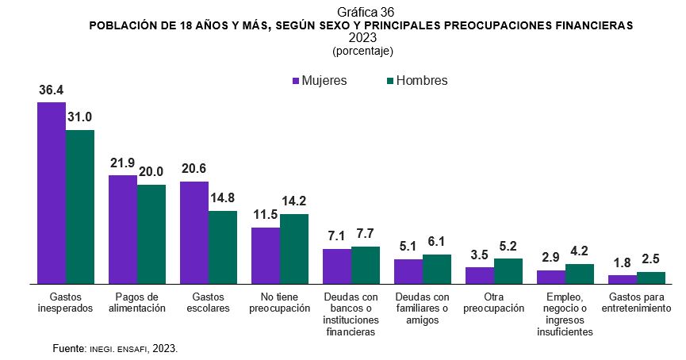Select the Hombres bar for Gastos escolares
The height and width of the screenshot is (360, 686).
tap(223, 247)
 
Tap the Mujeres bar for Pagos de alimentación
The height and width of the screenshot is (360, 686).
tap(123, 229)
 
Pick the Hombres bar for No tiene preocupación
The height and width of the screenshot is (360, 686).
tap(294, 248)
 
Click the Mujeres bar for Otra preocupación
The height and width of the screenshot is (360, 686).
tap(480, 275)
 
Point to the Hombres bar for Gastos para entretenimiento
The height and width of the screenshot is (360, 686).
tap(651, 278)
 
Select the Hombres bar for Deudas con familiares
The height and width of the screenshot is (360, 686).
tap(437, 269)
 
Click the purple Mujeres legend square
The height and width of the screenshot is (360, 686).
tap(296, 81)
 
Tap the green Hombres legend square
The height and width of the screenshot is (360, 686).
tap(389, 81)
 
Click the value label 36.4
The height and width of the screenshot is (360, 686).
tap(52, 90)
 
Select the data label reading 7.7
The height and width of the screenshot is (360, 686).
tap(366, 235)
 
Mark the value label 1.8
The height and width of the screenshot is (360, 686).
tap(623, 263)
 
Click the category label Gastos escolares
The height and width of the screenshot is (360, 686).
tap(209, 301)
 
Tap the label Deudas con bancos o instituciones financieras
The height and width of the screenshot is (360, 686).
tap(351, 314)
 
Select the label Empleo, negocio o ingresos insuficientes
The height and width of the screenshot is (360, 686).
tap(565, 314)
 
